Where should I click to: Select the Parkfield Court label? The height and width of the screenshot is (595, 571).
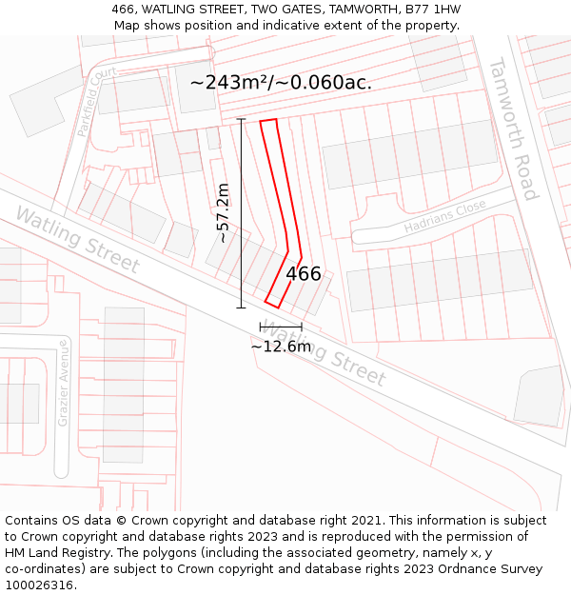coord(96,102)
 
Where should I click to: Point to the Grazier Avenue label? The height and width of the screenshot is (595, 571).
coord(64,382)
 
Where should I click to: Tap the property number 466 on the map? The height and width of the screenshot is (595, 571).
coord(304,274)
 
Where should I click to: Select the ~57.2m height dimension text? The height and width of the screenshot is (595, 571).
coord(223,213)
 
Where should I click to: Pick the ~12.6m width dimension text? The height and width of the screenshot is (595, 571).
coord(281,347)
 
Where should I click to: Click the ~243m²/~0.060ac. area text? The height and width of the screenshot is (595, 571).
coord(281,83)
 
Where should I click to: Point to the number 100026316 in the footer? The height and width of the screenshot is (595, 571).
coord(40,585)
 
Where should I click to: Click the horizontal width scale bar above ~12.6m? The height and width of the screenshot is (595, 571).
coord(281,327)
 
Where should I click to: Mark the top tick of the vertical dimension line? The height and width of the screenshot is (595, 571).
coord(241,120)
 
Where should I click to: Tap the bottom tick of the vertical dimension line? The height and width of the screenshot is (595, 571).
coord(241,307)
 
